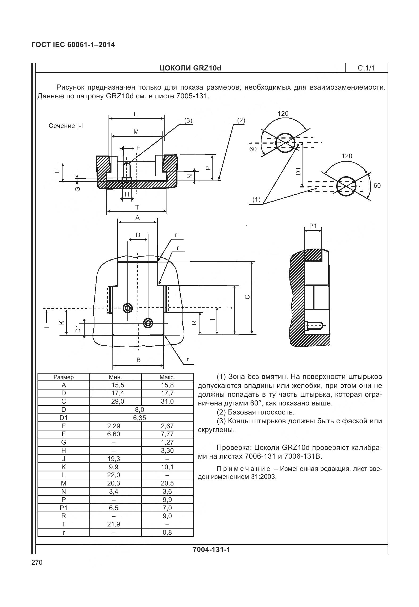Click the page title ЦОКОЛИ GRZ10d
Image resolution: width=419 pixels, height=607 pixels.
pos(190,68)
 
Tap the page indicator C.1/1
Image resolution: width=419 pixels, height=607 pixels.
pos(366,68)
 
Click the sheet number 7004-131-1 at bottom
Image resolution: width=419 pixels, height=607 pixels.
pos(211,549)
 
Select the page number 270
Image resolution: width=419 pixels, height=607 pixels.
pos(37,562)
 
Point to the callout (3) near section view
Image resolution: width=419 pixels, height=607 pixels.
pos(188,121)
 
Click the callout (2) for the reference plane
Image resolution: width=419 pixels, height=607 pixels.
pos(241,120)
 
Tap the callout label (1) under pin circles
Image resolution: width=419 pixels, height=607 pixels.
pos(256,200)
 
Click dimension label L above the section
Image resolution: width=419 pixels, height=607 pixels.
pos(135,114)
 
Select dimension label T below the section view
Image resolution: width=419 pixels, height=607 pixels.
pos(137,207)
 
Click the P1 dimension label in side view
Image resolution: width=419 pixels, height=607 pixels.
pos(313,226)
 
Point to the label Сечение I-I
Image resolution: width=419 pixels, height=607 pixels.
pos(66,126)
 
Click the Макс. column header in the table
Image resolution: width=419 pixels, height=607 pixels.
pos(167,377)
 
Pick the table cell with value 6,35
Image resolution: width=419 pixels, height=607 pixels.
pos(140,418)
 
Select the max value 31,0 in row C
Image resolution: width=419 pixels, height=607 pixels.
pos(167,401)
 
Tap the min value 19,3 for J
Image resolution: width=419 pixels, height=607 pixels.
pos(114,459)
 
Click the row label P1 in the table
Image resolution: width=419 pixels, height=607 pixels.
pos(64,508)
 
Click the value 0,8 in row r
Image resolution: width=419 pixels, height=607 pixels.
pos(167,532)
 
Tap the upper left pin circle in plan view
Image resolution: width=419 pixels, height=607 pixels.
pos(128,308)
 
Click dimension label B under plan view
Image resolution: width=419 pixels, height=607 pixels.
pos(138,360)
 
